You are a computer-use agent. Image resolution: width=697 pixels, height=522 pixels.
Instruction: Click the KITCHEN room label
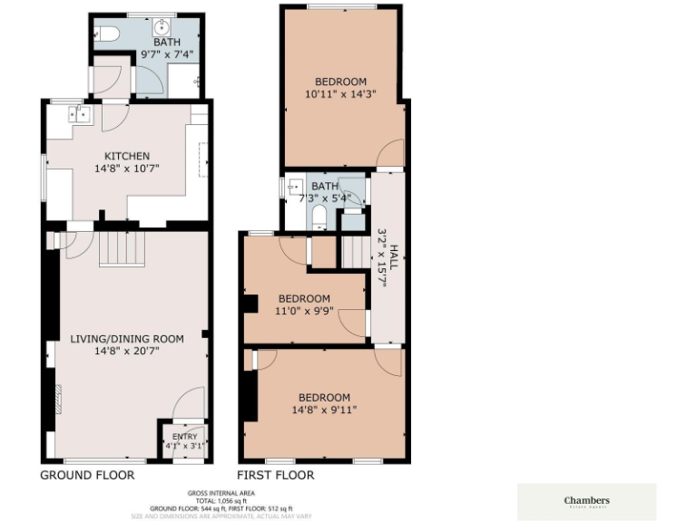pyautogui.click(x=126, y=156)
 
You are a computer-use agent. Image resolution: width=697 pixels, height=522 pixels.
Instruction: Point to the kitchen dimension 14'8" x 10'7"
pyautogui.click(x=126, y=168)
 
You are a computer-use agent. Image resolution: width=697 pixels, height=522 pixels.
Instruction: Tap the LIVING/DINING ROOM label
pyautogui.click(x=127, y=339)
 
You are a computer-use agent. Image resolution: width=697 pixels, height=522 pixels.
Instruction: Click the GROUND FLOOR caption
pyautogui.click(x=87, y=475)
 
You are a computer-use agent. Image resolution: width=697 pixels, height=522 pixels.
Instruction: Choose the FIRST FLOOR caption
pyautogui.click(x=276, y=475)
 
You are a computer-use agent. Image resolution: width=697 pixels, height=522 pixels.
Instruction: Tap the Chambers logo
pyautogui.click(x=586, y=501)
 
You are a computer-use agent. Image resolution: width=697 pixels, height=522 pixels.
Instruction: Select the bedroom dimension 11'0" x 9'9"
pyautogui.click(x=304, y=311)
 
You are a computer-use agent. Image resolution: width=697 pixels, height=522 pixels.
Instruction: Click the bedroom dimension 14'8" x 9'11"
pyautogui.click(x=324, y=410)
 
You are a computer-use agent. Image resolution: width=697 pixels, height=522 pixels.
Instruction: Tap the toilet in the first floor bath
pyautogui.click(x=319, y=217)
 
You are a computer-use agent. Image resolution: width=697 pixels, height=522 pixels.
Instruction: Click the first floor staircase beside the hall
pyautogui.click(x=357, y=251)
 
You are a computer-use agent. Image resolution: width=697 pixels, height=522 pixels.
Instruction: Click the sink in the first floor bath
pyautogui.click(x=293, y=187)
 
